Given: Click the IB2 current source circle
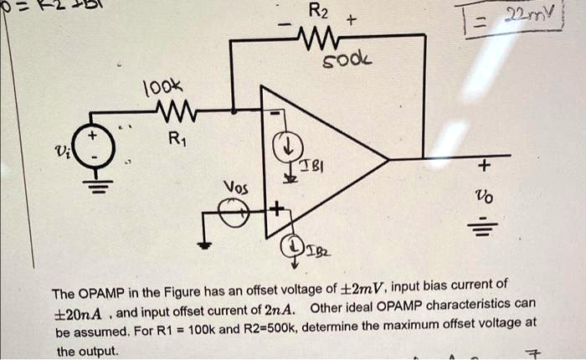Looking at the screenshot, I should coord(294,244).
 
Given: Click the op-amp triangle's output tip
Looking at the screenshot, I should coord(388,157).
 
